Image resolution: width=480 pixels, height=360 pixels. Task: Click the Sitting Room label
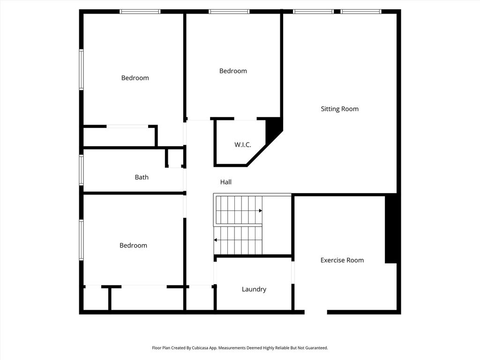pos(339,109)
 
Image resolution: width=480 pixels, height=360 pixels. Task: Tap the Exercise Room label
pos(342,260)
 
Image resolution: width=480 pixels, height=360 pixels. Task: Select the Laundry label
pos(254,289)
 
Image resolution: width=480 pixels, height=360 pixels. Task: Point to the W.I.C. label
pos(243,145)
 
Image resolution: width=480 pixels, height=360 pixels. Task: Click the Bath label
pos(142,177)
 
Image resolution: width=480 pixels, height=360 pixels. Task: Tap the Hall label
pos(226,182)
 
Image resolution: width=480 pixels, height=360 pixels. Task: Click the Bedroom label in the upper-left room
pos(135,78)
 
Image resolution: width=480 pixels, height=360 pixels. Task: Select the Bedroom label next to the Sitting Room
pos(233,71)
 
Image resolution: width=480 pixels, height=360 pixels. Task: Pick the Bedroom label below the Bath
pos(133,246)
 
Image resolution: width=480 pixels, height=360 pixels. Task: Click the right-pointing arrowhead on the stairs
pos(261,210)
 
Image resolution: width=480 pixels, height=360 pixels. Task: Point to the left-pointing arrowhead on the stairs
pos(216,240)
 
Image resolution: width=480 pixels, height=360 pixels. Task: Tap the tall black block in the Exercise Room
pos(391,229)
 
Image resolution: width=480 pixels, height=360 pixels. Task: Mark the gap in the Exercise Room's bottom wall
pos(316,312)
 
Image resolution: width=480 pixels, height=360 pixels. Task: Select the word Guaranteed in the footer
pos(318,348)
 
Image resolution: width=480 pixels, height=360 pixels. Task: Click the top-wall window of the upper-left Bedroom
pos(140,12)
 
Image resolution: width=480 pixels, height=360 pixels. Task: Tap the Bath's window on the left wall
pos(82,170)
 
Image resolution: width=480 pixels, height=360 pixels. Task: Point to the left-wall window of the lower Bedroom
pos(82,240)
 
